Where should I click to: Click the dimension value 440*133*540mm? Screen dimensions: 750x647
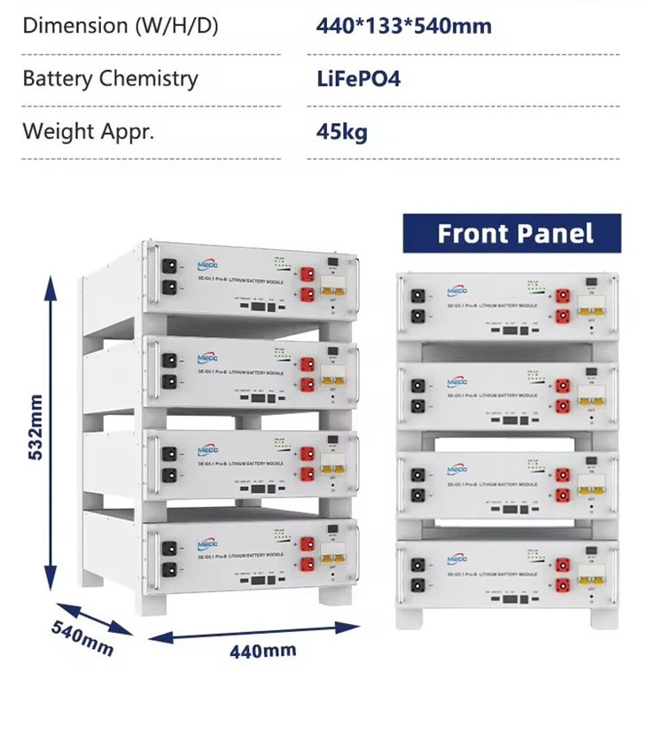(x=403, y=26)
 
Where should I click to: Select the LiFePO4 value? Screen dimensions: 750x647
(x=358, y=79)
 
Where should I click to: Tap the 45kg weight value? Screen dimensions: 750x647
(x=341, y=133)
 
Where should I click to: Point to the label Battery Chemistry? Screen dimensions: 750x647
(x=110, y=79)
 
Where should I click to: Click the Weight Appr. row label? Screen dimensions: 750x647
(x=88, y=132)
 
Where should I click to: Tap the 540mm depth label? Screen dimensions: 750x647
(x=82, y=638)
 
